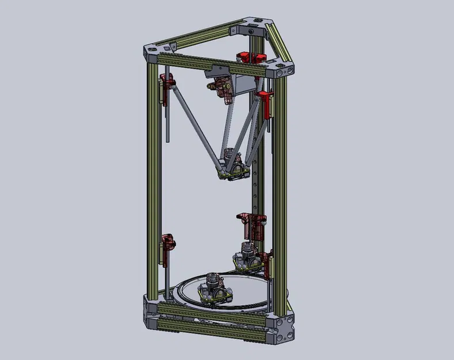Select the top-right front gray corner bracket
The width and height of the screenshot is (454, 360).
pyautogui.click(x=282, y=72)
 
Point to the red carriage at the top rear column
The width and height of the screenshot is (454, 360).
pyautogui.click(x=251, y=57)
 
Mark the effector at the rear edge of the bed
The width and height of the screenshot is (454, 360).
pyautogui.click(x=248, y=256)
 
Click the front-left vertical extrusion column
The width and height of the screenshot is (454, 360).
pyautogui.click(x=153, y=179)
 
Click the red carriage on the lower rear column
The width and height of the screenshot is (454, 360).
pyautogui.click(x=252, y=225)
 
